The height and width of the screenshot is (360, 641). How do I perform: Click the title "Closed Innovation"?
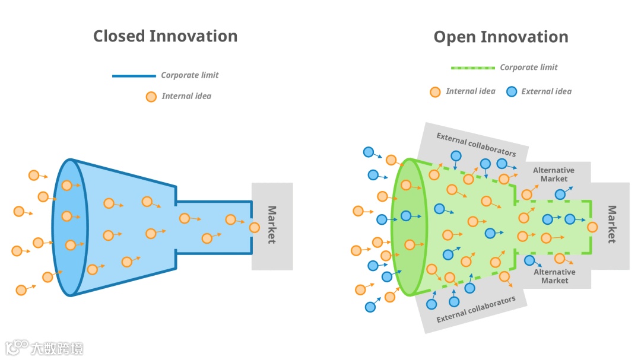pos(165,36)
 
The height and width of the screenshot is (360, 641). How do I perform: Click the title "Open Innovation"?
pos(500,37)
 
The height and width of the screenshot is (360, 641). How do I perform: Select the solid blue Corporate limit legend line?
pos(134,76)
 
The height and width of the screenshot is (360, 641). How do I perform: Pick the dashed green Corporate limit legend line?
pos(472,68)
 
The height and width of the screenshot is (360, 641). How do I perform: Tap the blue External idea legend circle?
pos(511,92)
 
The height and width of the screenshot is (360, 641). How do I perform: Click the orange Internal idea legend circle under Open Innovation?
pos(435,92)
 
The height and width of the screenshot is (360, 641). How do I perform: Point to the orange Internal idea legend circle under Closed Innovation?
pos(151,97)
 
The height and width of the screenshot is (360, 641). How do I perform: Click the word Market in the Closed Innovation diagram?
pos(272,225)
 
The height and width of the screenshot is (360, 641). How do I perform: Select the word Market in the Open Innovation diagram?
pos(611,224)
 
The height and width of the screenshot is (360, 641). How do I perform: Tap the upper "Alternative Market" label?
pos(554,174)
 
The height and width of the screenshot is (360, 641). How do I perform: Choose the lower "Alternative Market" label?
pos(554,276)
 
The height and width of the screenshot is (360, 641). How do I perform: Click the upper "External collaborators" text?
pos(476,144)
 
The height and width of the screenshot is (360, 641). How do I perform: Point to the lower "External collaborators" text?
pos(476,310)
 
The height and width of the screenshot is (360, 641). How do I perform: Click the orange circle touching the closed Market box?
pos(255,227)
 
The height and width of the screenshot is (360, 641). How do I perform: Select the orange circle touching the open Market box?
pos(592,227)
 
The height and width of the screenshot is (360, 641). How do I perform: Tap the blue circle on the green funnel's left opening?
pos(406,216)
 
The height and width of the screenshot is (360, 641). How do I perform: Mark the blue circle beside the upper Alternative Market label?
pos(560,194)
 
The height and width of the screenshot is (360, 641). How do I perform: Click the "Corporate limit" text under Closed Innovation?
pos(190,75)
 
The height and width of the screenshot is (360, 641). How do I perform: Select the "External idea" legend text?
pos(546,91)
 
